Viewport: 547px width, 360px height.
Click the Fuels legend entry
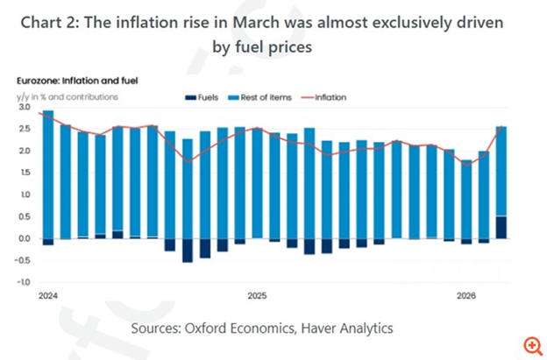pyautogui.click(x=203, y=97)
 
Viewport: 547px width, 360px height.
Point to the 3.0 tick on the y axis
pyautogui.click(x=23, y=107)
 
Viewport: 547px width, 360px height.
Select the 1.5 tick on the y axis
pyautogui.click(x=23, y=173)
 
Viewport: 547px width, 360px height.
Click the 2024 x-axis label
pyautogui.click(x=48, y=296)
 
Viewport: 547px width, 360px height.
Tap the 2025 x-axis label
pyautogui.click(x=257, y=296)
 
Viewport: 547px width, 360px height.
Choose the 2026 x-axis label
pyautogui.click(x=465, y=296)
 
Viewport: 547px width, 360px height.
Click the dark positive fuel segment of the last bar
pyautogui.click(x=501, y=227)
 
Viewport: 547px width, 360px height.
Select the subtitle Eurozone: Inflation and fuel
pyautogui.click(x=74, y=81)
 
